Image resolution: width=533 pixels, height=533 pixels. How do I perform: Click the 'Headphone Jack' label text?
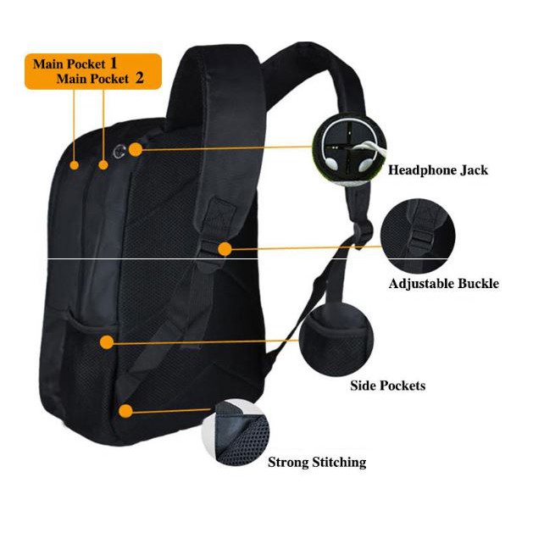[438, 170]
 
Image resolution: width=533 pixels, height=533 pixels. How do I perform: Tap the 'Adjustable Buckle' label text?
[443, 284]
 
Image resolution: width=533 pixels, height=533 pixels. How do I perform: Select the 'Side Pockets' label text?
[388, 386]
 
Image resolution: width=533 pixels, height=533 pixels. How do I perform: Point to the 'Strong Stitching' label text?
[317, 463]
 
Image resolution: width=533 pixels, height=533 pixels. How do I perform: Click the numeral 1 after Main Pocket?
[114, 64]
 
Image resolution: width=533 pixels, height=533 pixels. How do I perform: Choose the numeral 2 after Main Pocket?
[139, 78]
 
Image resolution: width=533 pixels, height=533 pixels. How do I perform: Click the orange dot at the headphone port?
[136, 150]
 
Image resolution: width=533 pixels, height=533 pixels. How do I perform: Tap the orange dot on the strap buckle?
[225, 249]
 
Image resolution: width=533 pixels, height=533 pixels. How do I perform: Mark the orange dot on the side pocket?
[107, 342]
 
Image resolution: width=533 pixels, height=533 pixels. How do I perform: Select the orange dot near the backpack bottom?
[125, 411]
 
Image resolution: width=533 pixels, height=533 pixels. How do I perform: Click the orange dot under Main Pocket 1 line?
[74, 165]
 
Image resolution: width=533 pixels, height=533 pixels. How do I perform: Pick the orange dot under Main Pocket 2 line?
[103, 165]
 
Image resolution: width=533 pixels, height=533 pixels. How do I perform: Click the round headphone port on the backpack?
[119, 152]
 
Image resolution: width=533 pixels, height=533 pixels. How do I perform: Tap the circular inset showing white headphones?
[349, 150]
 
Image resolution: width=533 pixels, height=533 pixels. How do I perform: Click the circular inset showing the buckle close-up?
[418, 236]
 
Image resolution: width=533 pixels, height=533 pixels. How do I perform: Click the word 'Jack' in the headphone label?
[474, 170]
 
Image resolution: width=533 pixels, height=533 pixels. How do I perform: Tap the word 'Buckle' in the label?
[478, 284]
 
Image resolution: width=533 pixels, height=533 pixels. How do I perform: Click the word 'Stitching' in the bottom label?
[339, 463]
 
